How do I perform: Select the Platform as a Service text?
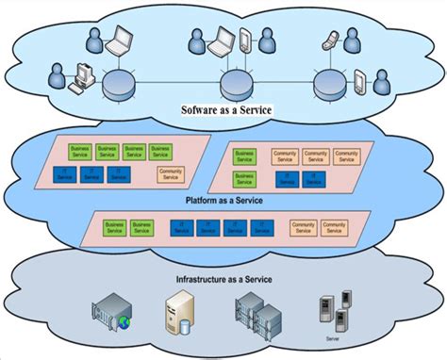(223, 200)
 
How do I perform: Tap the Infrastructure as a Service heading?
(224, 279)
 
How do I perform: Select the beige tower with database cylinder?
(179, 313)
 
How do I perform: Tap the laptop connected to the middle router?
(221, 41)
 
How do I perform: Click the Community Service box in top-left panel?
(171, 173)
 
